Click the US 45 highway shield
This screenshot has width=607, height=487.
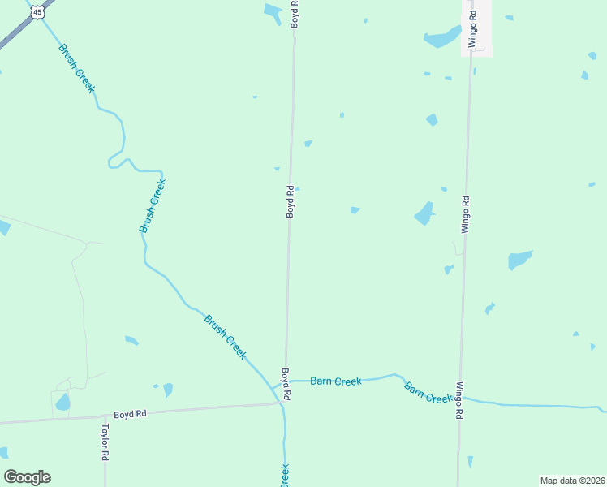tap(37, 12)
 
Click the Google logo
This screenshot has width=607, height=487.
tap(27, 477)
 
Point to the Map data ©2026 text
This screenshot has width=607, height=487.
tap(571, 481)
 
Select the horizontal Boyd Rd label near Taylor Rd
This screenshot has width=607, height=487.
tap(130, 414)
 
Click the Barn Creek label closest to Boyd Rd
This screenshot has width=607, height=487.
tap(335, 381)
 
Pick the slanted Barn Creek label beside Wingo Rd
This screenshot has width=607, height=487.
tap(428, 392)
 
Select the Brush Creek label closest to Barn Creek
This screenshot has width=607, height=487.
tap(225, 336)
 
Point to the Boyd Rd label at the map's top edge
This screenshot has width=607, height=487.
tap(295, 15)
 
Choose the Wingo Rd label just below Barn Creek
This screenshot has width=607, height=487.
tap(459, 400)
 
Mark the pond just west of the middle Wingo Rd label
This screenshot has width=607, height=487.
tap(424, 213)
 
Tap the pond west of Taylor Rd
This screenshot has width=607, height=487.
tap(62, 402)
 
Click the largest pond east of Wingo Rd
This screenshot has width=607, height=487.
tap(519, 260)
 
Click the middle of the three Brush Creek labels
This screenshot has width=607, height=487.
tap(152, 206)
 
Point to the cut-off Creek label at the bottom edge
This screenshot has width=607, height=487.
tap(285, 476)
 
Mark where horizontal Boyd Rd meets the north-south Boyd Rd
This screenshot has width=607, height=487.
tap(282, 403)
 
